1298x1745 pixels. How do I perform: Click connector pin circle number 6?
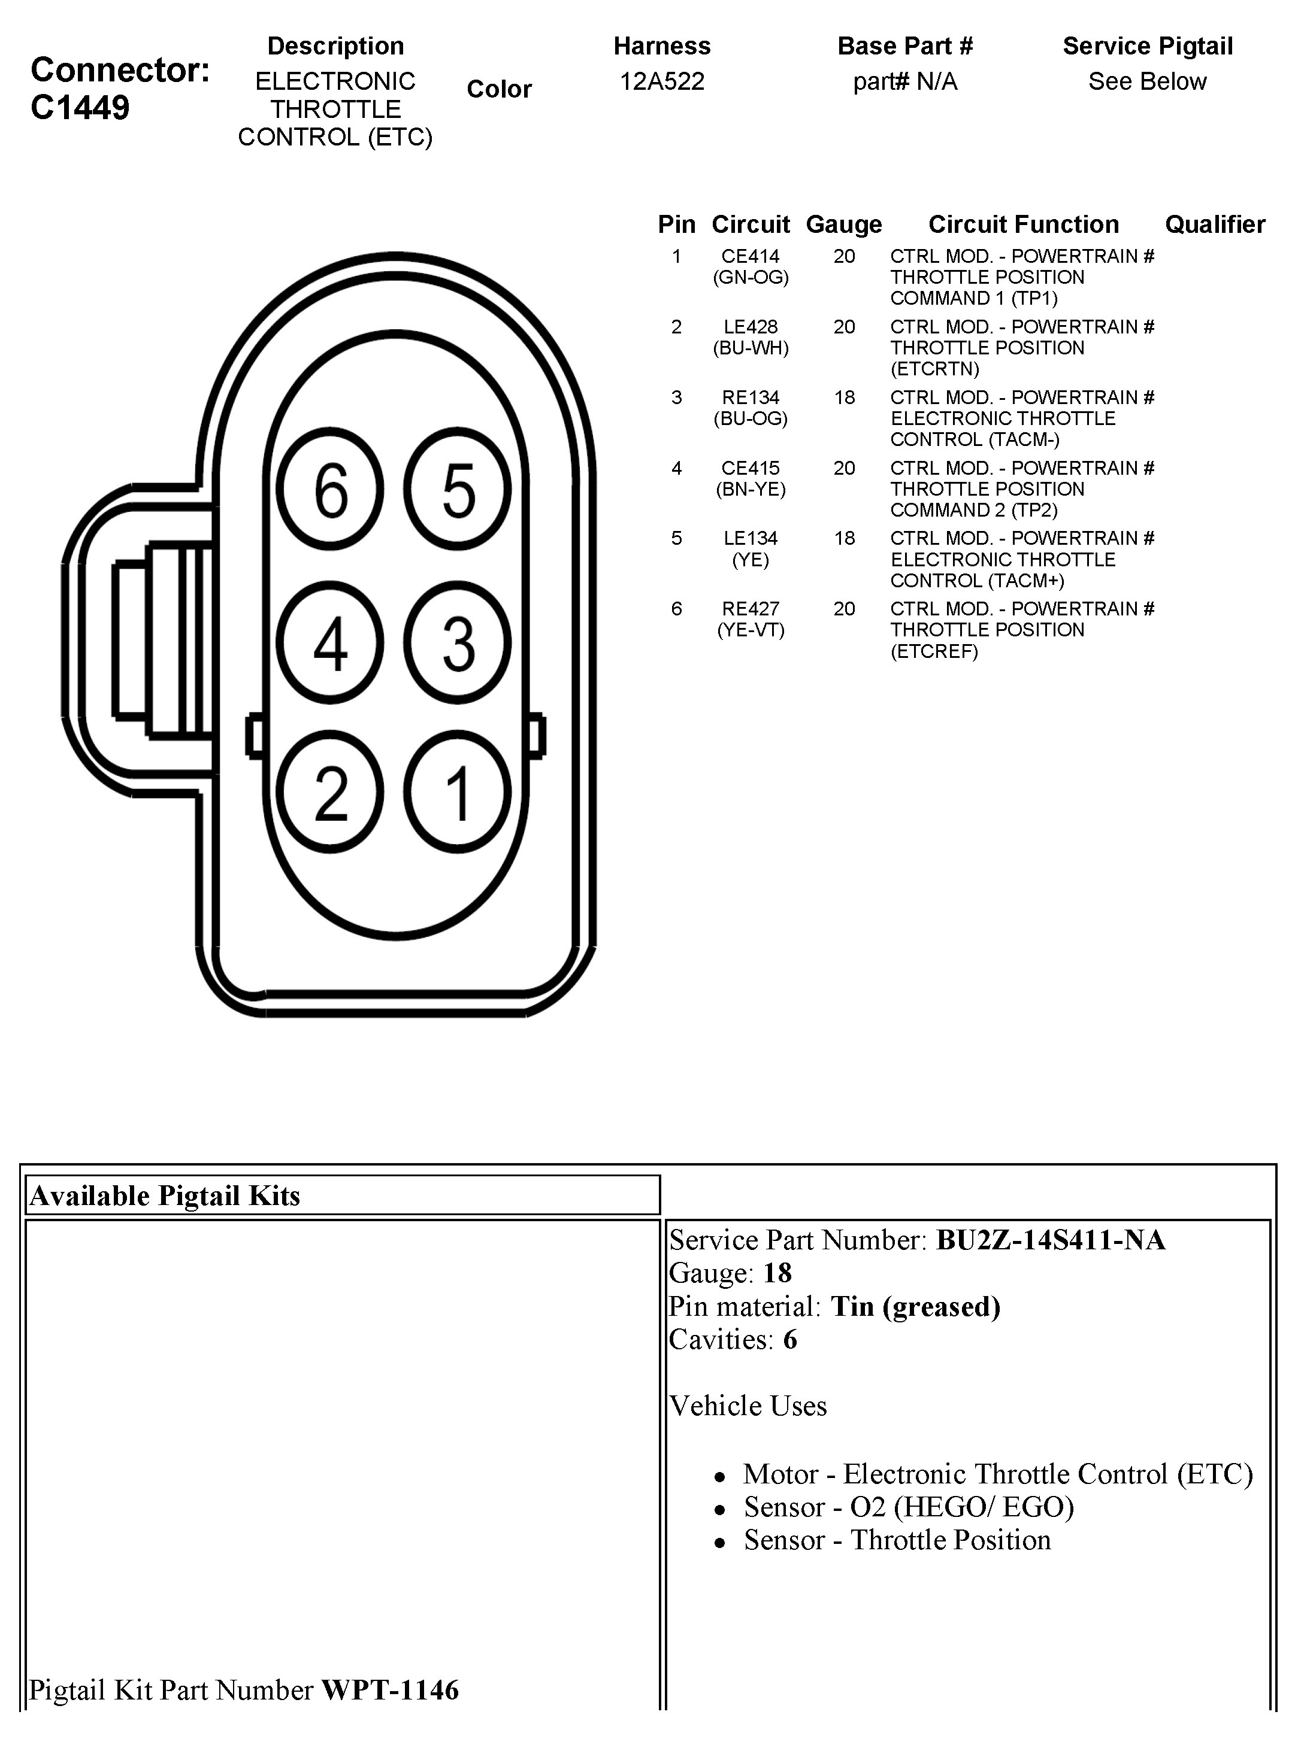point(331,489)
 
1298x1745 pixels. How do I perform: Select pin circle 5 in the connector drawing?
point(458,489)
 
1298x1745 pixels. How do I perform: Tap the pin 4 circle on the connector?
point(331,643)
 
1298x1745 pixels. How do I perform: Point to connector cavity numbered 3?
point(458,643)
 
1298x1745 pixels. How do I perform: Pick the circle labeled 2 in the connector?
point(331,793)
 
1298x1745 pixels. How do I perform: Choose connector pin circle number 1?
point(458,793)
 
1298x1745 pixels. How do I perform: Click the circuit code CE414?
point(751,256)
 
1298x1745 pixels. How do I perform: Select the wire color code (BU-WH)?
point(751,348)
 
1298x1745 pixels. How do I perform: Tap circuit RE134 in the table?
point(751,397)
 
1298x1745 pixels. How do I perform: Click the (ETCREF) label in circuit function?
point(934,651)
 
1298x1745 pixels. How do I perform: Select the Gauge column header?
point(844,224)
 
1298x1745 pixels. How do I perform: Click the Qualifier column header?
point(1215,224)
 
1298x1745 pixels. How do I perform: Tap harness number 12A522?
point(661,81)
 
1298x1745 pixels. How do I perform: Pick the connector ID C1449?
point(80,108)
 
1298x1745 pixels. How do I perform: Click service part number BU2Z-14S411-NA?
point(1051,1239)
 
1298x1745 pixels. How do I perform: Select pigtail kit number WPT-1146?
point(390,1689)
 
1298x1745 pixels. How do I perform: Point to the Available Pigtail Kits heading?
point(165,1195)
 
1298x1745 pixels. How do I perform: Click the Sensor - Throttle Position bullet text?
point(897,1540)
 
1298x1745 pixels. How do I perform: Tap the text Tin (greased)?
point(915,1306)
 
